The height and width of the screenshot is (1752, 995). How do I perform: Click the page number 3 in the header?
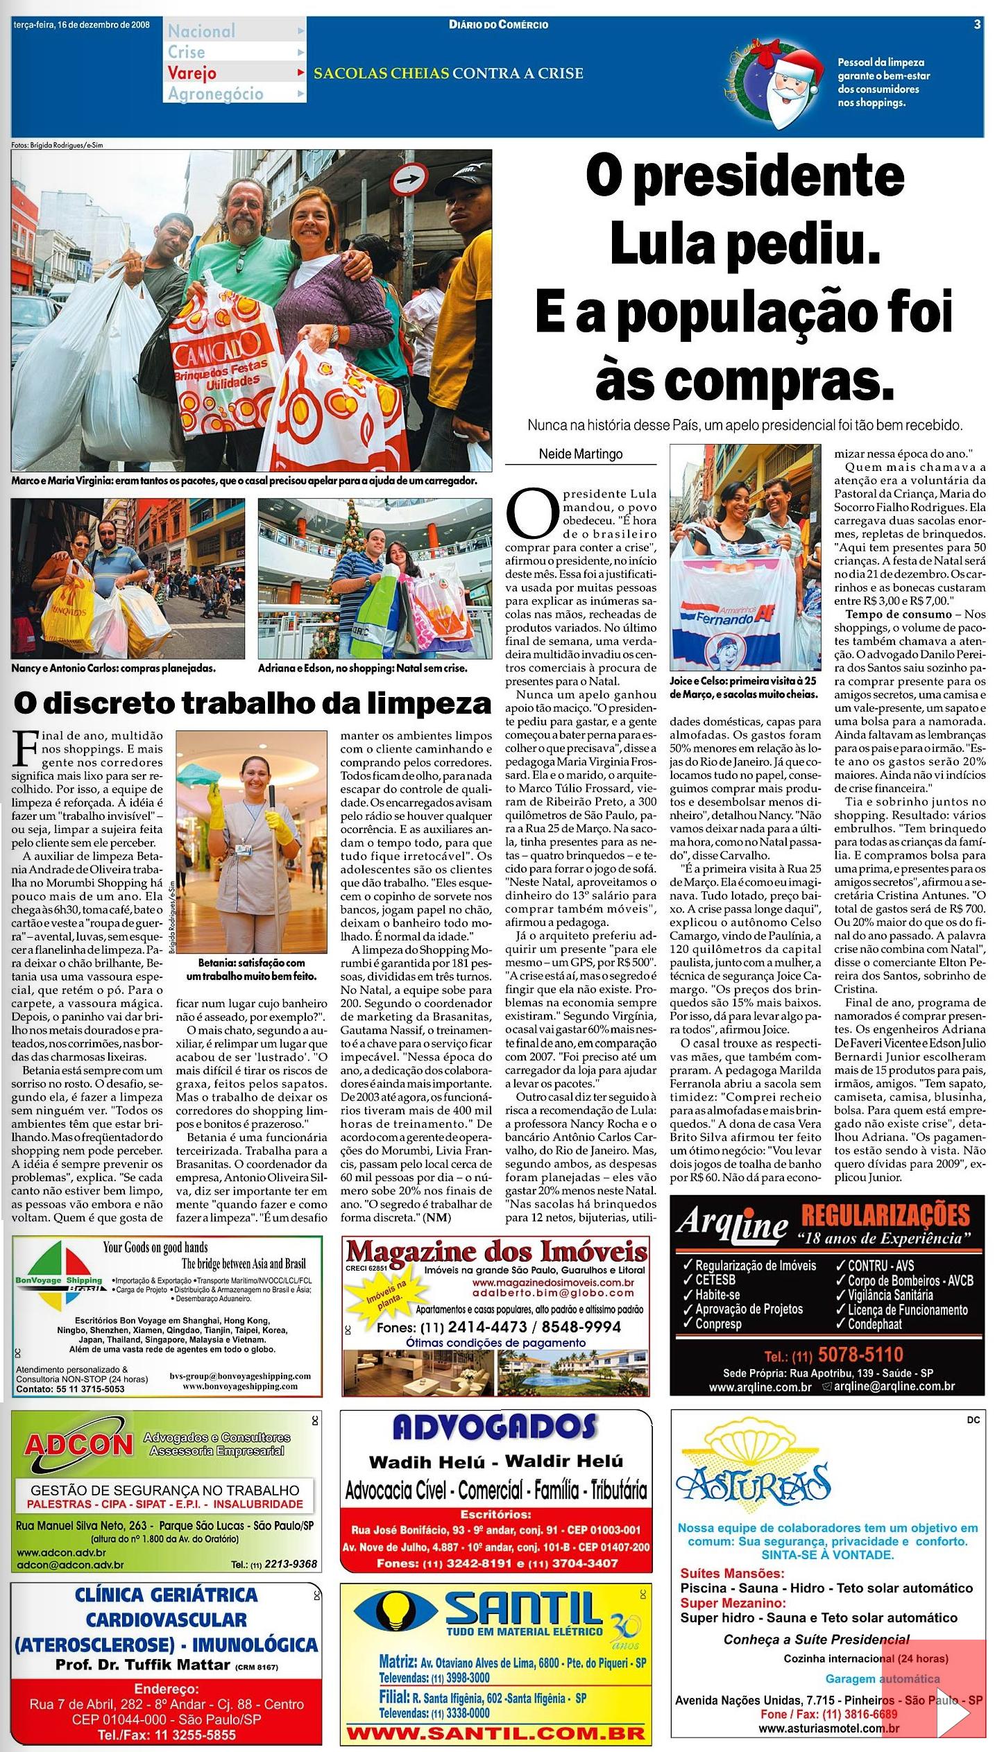[977, 24]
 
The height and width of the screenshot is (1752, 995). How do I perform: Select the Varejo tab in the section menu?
[192, 73]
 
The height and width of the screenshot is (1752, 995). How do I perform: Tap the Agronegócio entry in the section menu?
[215, 94]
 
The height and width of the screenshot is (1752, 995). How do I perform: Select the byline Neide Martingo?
[580, 454]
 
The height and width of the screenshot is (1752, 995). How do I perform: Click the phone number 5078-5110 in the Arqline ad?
[861, 1354]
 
